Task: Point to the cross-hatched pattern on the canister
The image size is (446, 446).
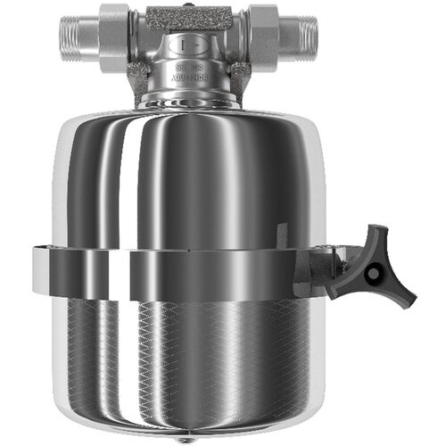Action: [196, 357]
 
